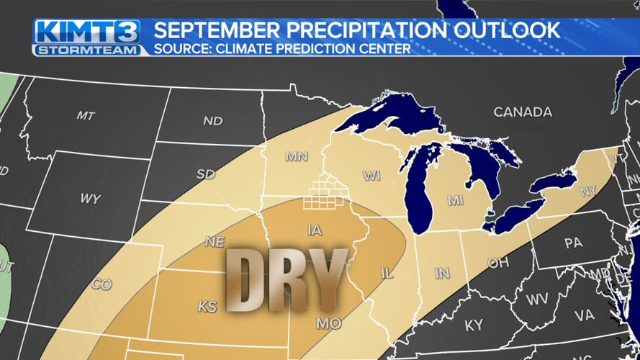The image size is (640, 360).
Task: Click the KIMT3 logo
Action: click(x=88, y=31)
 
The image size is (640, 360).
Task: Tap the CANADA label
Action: click(x=523, y=112)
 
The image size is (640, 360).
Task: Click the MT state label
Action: click(x=86, y=115)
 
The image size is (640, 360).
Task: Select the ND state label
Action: click(x=212, y=121)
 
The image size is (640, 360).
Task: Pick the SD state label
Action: click(x=206, y=174)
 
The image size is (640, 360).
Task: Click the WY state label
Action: click(x=91, y=199)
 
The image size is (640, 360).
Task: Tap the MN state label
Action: click(x=297, y=156)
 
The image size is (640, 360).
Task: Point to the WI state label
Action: click(x=371, y=176)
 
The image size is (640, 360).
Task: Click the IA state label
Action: click(x=315, y=230)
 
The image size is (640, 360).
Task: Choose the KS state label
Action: click(x=207, y=307)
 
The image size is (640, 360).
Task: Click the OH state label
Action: click(x=497, y=263)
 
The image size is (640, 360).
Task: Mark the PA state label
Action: click(x=573, y=243)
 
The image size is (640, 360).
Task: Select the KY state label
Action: click(x=474, y=325)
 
